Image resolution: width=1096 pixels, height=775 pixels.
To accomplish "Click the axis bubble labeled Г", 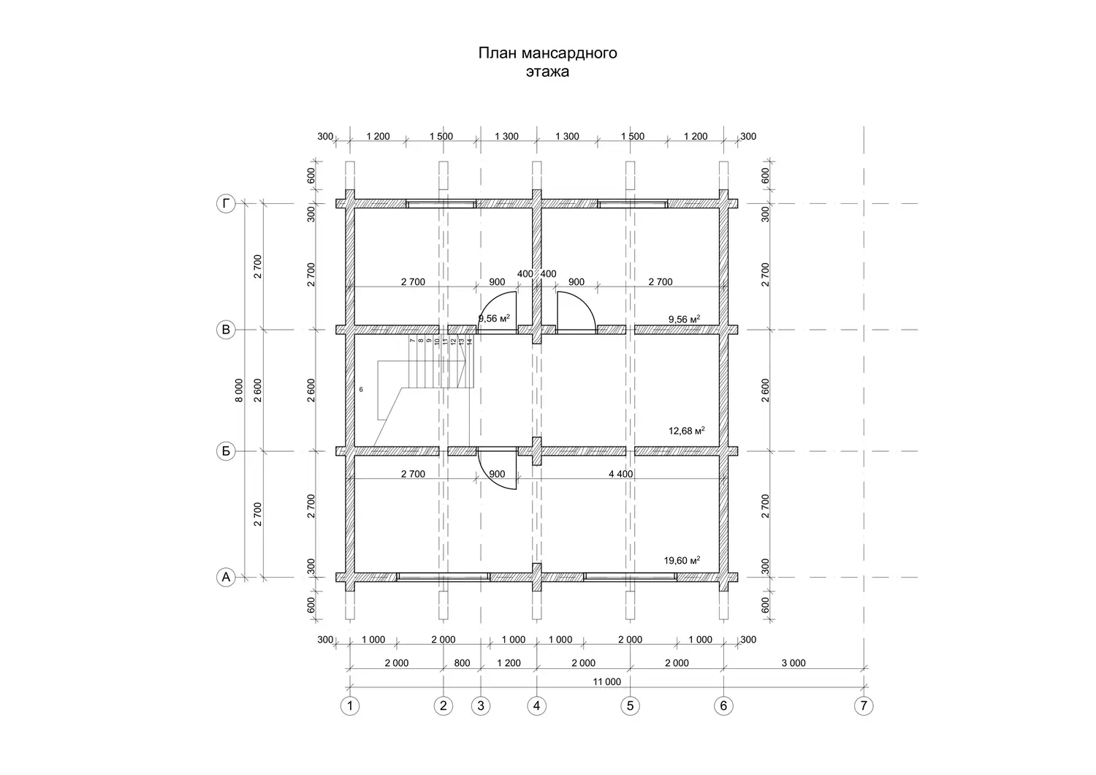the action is pyautogui.click(x=226, y=203).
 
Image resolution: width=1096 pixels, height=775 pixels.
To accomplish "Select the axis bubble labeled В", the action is pyautogui.click(x=226, y=330).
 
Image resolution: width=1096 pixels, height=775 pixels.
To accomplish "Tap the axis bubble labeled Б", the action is pyautogui.click(x=226, y=451).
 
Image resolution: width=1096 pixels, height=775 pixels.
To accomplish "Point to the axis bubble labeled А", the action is pyautogui.click(x=226, y=578).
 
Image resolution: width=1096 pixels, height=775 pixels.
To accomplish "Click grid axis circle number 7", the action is pyautogui.click(x=864, y=706).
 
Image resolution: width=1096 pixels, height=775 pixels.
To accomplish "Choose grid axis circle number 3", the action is pyautogui.click(x=481, y=706).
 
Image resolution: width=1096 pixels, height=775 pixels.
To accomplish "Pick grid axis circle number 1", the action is pyautogui.click(x=350, y=706).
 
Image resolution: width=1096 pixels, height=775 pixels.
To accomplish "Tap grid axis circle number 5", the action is pyautogui.click(x=630, y=706).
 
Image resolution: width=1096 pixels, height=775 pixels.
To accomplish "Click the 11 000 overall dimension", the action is pyautogui.click(x=607, y=682).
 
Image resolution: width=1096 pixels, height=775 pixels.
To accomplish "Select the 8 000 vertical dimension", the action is pyautogui.click(x=239, y=390).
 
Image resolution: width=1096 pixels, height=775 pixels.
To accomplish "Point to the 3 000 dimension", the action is pyautogui.click(x=794, y=663).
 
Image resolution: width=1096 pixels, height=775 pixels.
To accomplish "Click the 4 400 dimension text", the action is pyautogui.click(x=621, y=474).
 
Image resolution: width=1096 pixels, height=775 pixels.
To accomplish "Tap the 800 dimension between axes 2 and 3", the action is pyautogui.click(x=462, y=663).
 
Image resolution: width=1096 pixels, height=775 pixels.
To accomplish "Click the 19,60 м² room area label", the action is pyautogui.click(x=682, y=561).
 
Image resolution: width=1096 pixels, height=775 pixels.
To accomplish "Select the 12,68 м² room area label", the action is pyautogui.click(x=687, y=431).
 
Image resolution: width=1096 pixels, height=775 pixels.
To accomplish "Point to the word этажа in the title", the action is pyautogui.click(x=547, y=72).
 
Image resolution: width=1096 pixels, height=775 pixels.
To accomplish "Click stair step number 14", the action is pyautogui.click(x=469, y=341).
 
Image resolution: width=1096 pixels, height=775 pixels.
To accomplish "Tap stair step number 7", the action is pyautogui.click(x=413, y=341).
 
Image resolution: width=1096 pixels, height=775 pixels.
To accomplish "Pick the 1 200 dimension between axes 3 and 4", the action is pyautogui.click(x=509, y=663).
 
